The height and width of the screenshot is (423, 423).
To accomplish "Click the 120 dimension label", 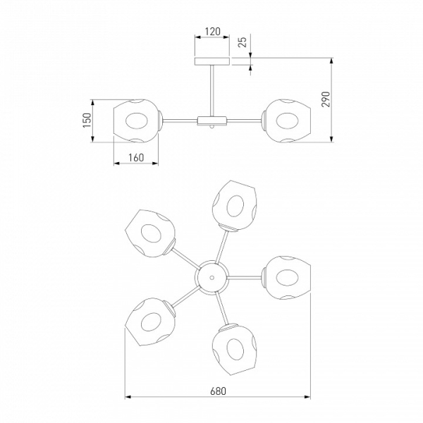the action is point(213,32).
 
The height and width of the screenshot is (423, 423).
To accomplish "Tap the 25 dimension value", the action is point(243,42).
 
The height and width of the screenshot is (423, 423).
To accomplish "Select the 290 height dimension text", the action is point(326,99).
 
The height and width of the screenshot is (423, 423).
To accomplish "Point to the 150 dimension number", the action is point(87,121).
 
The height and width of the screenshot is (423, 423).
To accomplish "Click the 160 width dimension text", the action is point(136,158).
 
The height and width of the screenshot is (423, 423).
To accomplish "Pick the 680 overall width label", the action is point(218,391).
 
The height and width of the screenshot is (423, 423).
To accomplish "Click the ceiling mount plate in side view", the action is point(212,61).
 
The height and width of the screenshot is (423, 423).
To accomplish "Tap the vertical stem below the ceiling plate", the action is point(212,91).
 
